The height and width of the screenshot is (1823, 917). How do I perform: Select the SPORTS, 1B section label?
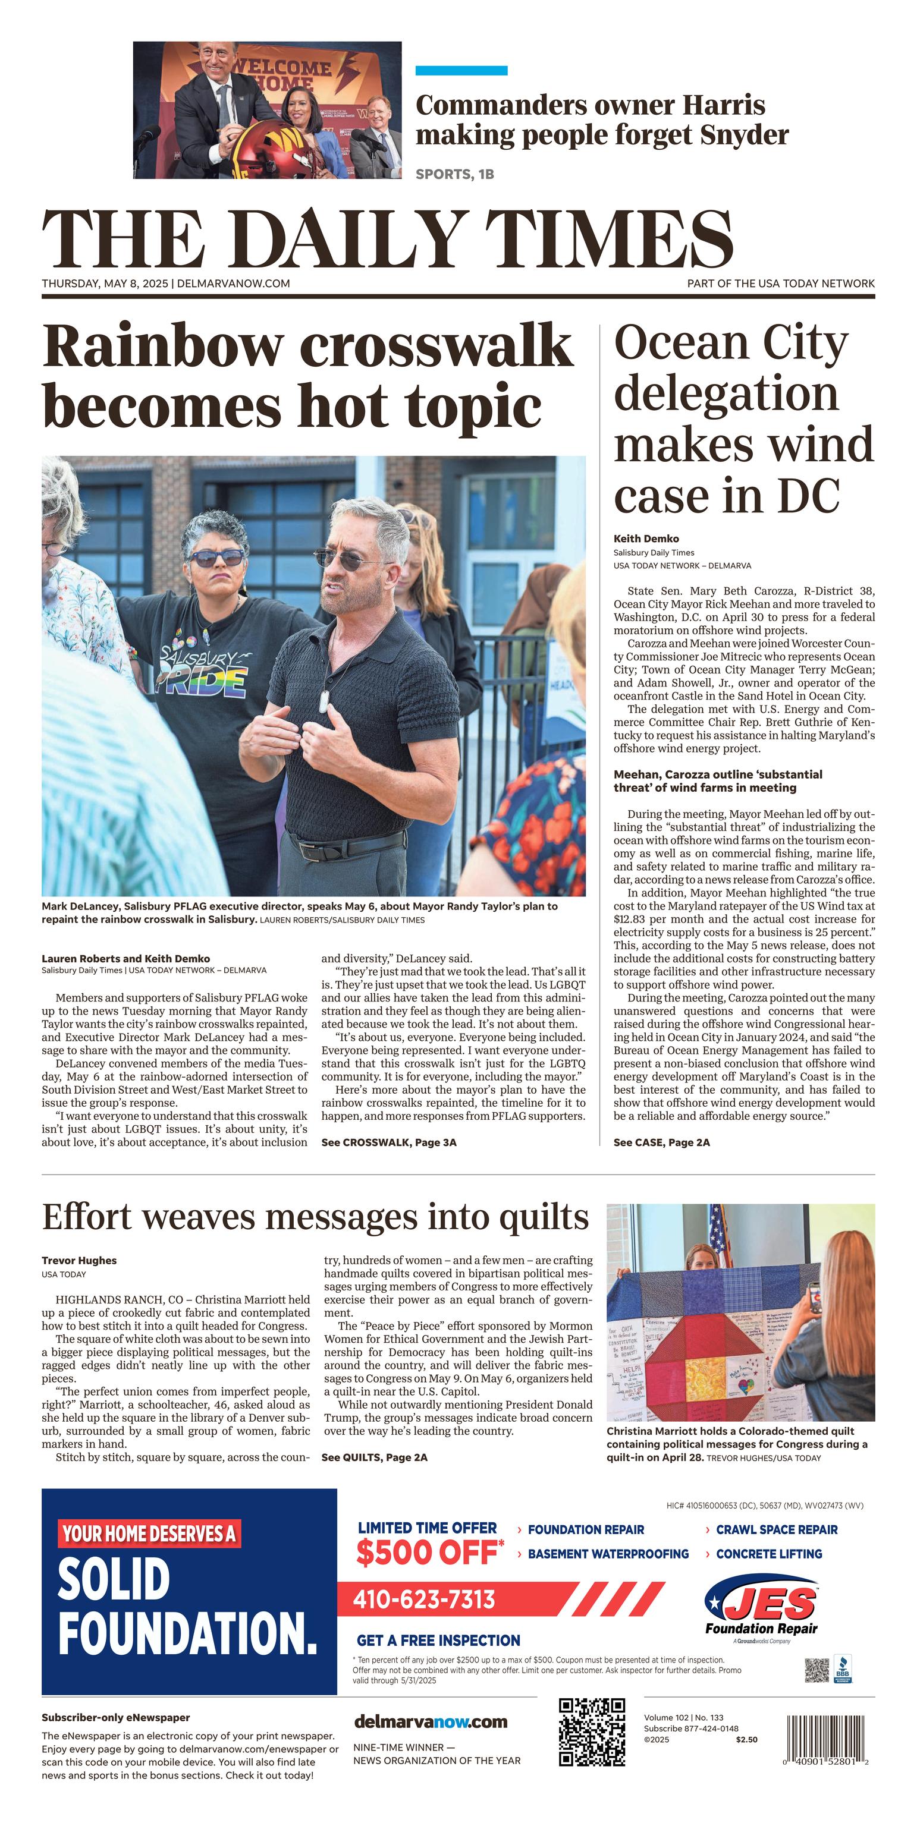pyautogui.click(x=454, y=174)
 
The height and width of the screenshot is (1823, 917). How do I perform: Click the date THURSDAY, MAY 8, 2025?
pyautogui.click(x=105, y=284)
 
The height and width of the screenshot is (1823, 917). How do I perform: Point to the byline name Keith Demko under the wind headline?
pyautogui.click(x=646, y=539)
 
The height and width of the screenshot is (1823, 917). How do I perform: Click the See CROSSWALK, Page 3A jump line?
pyautogui.click(x=389, y=1142)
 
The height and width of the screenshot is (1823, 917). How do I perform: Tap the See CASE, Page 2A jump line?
pyautogui.click(x=661, y=1142)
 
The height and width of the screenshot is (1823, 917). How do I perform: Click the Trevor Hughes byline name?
pyautogui.click(x=78, y=1260)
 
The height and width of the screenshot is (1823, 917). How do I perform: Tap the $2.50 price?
pyautogui.click(x=746, y=1740)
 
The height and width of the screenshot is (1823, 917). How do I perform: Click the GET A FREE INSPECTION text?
pyautogui.click(x=438, y=1641)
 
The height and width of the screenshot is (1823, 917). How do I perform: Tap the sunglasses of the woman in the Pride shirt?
pyautogui.click(x=216, y=558)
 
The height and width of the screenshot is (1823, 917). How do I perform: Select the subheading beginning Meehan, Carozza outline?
pyautogui.click(x=717, y=780)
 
